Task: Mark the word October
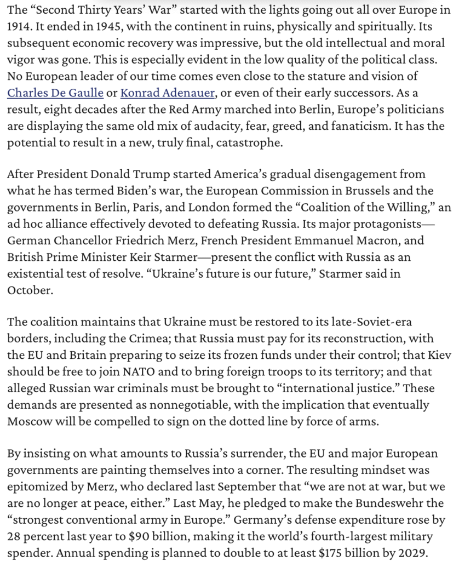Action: click(28, 290)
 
